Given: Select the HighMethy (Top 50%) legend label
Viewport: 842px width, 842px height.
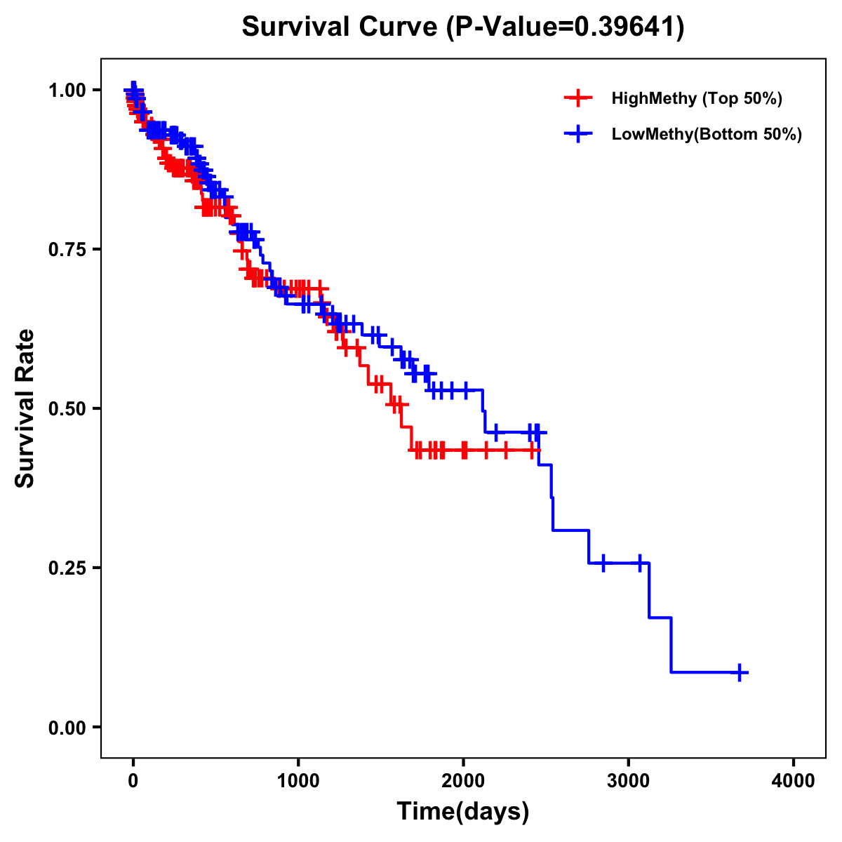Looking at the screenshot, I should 696,98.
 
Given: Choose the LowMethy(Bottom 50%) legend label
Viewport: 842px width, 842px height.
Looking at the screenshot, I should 707,134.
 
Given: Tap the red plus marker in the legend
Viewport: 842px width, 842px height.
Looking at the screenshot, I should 578,98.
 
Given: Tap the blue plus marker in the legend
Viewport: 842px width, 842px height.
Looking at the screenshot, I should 578,134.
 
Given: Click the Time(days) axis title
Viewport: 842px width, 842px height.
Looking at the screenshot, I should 463,812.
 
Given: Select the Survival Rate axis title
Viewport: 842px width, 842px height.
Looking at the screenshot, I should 25,408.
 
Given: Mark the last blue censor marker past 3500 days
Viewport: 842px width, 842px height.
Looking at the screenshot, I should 740,672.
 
